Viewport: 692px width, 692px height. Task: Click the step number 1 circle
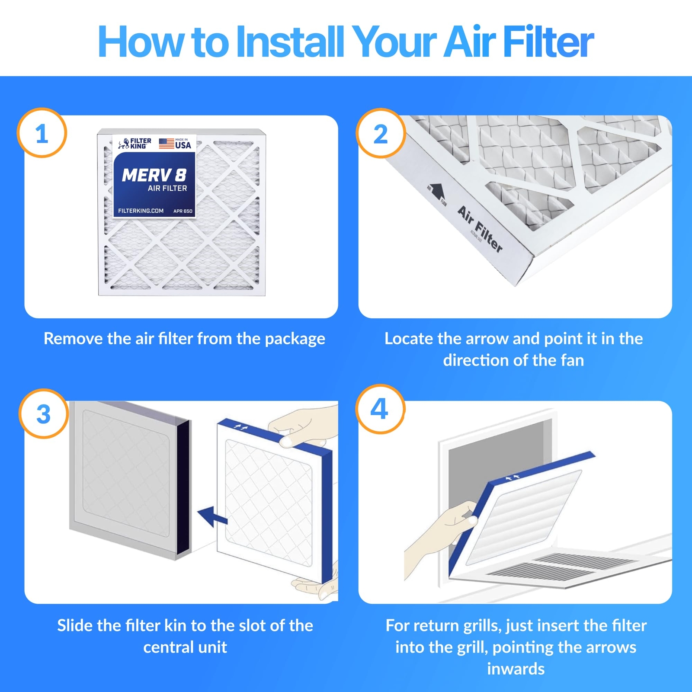tap(42, 133)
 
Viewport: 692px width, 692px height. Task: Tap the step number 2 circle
tap(381, 134)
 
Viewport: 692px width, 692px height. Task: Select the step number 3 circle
tap(43, 414)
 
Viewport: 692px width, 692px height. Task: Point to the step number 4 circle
tap(380, 409)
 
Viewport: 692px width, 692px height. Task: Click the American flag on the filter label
tap(166, 143)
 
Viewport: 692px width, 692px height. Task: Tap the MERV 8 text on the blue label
tap(154, 175)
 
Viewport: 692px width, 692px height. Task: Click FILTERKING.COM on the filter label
tap(141, 211)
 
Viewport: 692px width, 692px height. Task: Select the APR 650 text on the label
tap(183, 211)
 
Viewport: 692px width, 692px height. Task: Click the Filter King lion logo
tap(124, 144)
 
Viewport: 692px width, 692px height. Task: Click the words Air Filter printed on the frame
tap(480, 229)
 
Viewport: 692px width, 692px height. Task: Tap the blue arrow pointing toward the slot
tap(212, 516)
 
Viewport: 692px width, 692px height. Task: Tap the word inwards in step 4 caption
tap(516, 669)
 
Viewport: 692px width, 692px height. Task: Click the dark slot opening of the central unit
tap(183, 487)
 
